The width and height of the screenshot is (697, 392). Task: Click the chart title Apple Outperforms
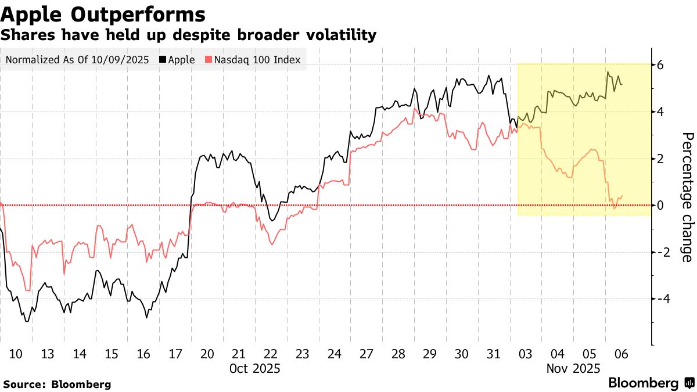point(102,14)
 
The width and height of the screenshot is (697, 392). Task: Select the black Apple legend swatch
point(163,60)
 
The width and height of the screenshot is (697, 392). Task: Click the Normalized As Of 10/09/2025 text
point(76,60)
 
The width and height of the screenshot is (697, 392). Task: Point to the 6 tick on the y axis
point(660,65)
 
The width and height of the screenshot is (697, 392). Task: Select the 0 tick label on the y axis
point(660,205)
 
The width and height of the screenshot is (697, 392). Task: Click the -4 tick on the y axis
point(658,299)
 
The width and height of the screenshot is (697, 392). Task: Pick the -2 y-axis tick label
point(658,252)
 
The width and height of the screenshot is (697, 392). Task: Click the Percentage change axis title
point(687,197)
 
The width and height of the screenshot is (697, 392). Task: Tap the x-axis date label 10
point(16,354)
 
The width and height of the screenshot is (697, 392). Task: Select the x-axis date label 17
point(175,354)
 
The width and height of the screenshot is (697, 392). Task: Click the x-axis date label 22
point(271,354)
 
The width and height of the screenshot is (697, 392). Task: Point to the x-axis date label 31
point(493,354)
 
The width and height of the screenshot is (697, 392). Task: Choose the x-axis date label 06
point(621,354)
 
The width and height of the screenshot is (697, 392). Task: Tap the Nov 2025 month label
point(573,368)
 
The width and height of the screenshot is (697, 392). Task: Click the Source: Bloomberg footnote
point(57,384)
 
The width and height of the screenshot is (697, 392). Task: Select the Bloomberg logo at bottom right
point(651,383)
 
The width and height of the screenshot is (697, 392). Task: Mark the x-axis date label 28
point(398,354)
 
